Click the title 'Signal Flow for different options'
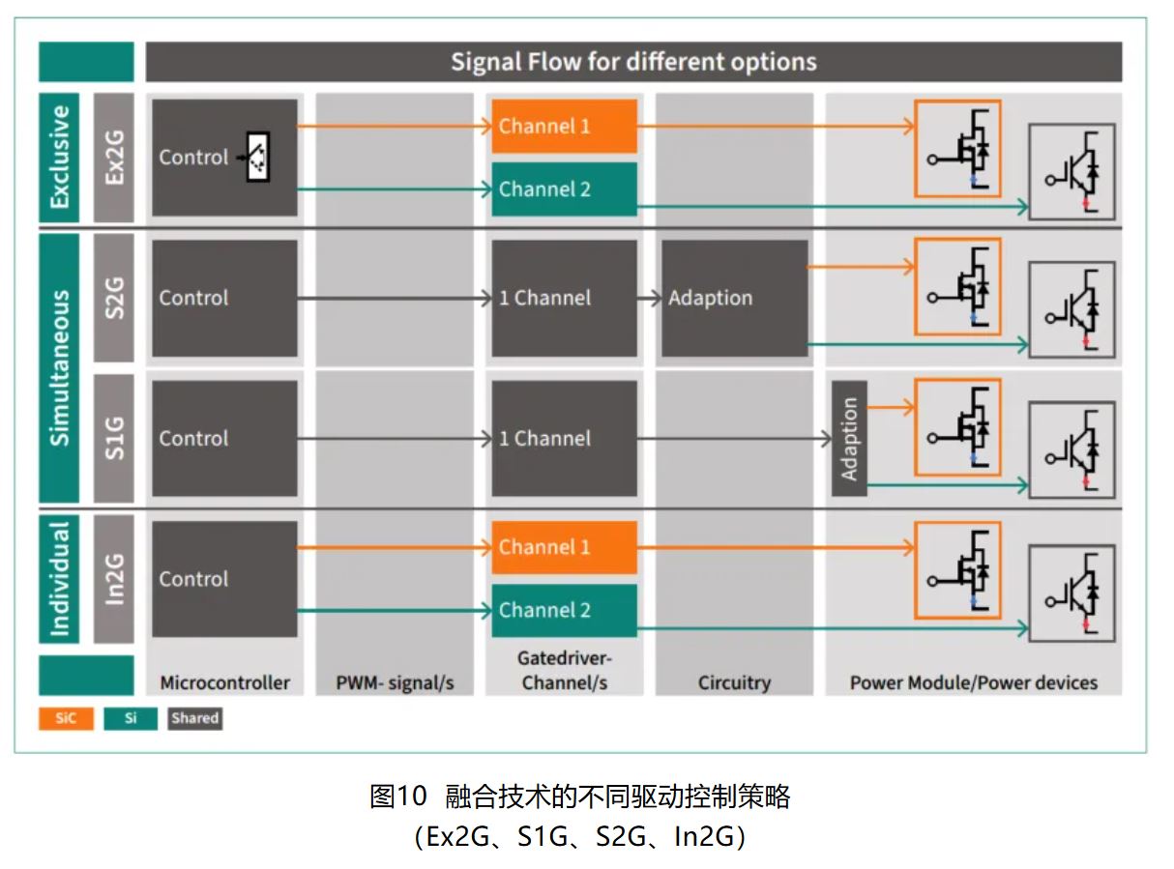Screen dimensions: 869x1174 pyautogui.click(x=633, y=62)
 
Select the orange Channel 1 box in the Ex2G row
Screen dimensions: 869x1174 pyautogui.click(x=564, y=126)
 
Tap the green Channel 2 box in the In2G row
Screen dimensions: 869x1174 pyautogui.click(x=564, y=610)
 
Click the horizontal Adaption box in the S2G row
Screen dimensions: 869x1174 pyautogui.click(x=734, y=298)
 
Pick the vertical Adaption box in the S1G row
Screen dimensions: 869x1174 pyautogui.click(x=849, y=438)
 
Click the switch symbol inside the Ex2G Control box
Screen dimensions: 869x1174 pyautogui.click(x=256, y=157)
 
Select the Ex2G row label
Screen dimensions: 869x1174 pyautogui.click(x=114, y=157)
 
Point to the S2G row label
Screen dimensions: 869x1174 pyautogui.click(x=114, y=298)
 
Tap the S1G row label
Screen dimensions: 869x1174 pyautogui.click(x=114, y=438)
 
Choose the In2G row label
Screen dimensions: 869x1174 pyautogui.click(x=114, y=579)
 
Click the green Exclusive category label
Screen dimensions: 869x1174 pyautogui.click(x=59, y=157)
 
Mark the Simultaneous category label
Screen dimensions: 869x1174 pyautogui.click(x=59, y=367)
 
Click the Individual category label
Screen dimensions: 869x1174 pyautogui.click(x=59, y=579)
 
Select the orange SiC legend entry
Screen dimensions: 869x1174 pyautogui.click(x=66, y=718)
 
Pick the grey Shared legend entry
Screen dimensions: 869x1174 pyautogui.click(x=194, y=718)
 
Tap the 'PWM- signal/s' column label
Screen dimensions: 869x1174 pyautogui.click(x=395, y=682)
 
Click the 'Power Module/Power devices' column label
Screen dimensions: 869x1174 pyautogui.click(x=973, y=682)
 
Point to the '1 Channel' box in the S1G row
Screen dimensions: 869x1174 pyautogui.click(x=564, y=438)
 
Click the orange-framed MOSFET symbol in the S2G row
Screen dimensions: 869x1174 pyautogui.click(x=957, y=286)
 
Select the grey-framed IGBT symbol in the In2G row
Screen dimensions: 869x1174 pyautogui.click(x=1071, y=592)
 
